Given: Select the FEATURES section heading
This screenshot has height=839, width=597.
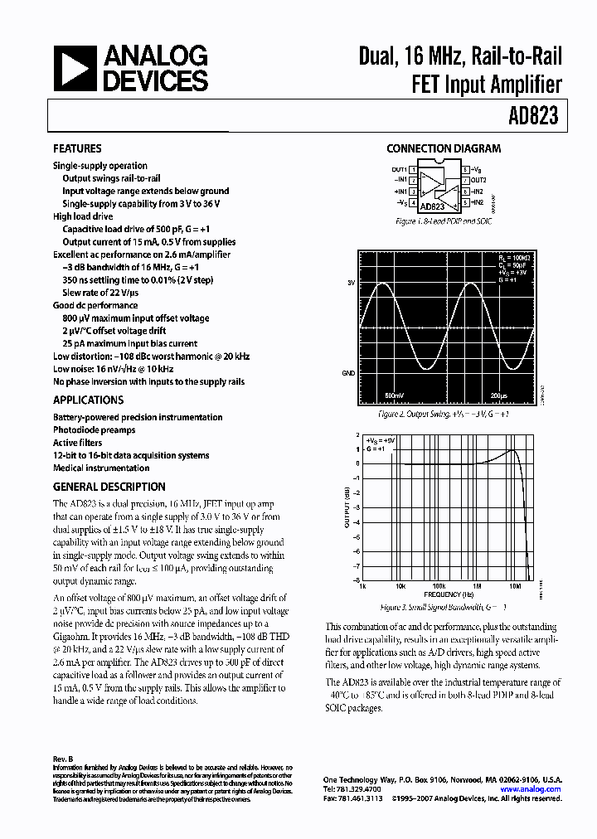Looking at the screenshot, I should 77,149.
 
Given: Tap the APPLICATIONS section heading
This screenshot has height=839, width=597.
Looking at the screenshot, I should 88,400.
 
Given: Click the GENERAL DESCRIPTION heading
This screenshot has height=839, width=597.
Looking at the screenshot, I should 109,487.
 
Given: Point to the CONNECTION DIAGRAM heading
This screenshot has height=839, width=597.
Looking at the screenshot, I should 444,149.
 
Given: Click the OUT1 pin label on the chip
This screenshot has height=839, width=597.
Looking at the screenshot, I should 400,169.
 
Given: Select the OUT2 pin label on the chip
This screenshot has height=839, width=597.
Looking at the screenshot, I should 479,180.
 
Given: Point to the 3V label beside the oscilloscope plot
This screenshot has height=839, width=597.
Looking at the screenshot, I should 351,283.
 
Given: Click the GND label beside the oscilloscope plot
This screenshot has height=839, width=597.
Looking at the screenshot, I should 348,373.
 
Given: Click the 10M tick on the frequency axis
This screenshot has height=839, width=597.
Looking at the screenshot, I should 515,585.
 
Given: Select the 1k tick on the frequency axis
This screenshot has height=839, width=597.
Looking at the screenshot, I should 362,585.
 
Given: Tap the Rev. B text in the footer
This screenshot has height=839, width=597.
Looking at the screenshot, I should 63,759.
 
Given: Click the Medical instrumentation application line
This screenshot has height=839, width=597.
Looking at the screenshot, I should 101,468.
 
